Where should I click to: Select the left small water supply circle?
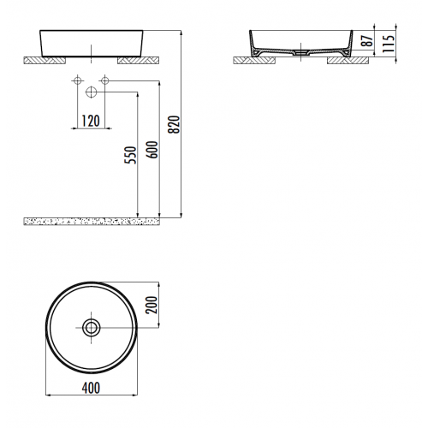(76, 80)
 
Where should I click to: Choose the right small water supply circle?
(104, 80)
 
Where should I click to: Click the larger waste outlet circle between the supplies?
(91, 91)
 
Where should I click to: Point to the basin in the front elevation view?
(90, 42)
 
